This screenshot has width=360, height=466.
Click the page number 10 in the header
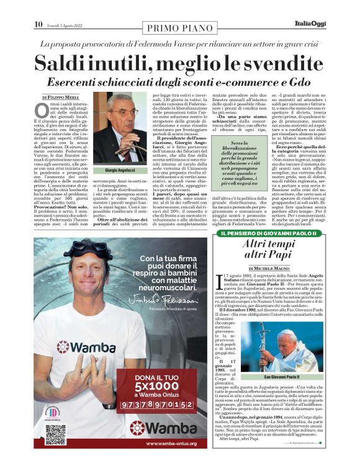38,24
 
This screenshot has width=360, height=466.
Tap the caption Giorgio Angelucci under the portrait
122,170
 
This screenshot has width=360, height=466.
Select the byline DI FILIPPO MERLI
61,97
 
